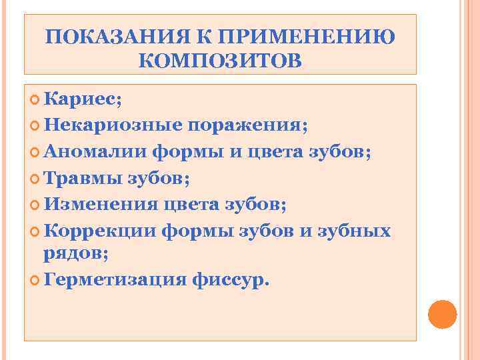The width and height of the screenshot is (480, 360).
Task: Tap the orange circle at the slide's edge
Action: point(442,314)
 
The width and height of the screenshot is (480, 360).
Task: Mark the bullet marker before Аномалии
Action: point(35,151)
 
